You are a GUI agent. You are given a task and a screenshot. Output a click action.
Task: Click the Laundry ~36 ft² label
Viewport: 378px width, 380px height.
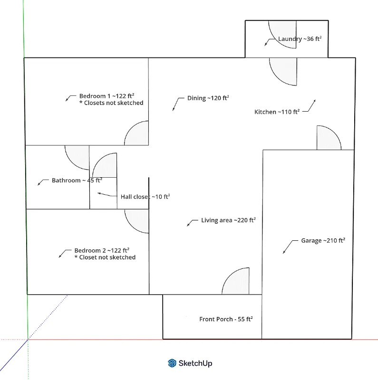(300, 39)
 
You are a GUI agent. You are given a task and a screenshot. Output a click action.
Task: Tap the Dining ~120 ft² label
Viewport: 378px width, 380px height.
(208, 98)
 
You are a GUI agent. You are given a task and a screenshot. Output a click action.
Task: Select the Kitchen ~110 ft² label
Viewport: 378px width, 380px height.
(277, 112)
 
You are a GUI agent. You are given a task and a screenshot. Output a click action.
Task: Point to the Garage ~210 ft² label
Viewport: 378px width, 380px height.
(323, 240)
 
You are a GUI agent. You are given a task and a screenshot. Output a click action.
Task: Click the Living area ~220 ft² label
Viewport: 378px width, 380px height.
(228, 220)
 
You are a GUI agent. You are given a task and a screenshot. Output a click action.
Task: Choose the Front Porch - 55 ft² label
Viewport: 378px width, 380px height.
(225, 319)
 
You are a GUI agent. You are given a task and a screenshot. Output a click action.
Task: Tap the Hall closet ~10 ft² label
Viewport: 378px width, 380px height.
(145, 196)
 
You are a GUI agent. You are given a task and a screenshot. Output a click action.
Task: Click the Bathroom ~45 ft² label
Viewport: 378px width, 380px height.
(77, 180)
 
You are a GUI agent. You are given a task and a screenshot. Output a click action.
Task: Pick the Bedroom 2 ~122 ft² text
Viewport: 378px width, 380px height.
(102, 250)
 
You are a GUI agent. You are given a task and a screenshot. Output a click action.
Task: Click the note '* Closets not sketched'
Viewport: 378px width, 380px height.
(111, 103)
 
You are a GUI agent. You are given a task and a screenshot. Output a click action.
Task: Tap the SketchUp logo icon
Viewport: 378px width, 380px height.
(172, 363)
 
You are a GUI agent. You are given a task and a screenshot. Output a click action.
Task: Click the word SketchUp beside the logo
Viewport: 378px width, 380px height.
(195, 363)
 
